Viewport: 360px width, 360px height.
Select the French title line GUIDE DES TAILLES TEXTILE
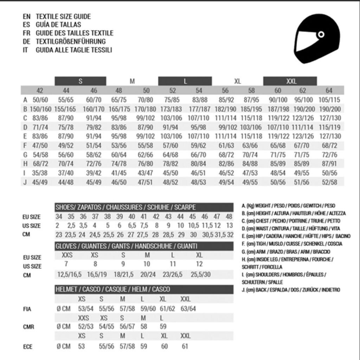tap(75, 33)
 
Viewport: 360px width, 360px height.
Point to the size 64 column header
tap(329, 90)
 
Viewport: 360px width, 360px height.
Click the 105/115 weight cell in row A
tap(329, 100)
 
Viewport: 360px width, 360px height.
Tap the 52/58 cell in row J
tap(329, 182)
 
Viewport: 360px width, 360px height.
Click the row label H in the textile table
tap(25, 163)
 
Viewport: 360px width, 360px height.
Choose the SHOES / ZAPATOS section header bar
tap(144, 207)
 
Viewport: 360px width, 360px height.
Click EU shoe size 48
tap(229, 217)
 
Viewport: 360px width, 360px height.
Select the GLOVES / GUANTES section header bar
tap(144, 246)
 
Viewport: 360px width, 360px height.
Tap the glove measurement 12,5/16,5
tap(69, 274)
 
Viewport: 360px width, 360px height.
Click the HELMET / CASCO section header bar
tap(144, 289)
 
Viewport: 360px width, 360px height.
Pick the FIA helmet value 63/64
tap(188, 309)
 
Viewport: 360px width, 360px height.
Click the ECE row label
tap(27, 347)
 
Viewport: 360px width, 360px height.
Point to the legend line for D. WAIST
tap(290, 229)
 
